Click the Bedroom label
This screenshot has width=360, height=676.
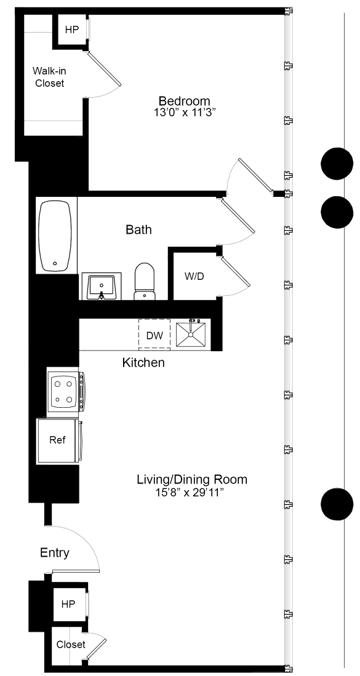click(x=184, y=101)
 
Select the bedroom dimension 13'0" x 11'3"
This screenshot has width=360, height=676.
click(x=184, y=113)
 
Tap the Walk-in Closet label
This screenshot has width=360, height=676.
click(x=49, y=78)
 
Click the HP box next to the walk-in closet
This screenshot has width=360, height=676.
click(x=72, y=30)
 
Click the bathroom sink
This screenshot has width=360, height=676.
click(x=101, y=287)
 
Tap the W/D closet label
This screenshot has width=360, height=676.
click(x=194, y=276)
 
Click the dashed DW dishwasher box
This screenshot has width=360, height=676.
click(x=154, y=335)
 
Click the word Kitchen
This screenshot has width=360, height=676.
click(x=143, y=363)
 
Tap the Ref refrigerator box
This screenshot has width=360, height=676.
click(x=57, y=441)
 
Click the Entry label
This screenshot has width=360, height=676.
click(x=55, y=553)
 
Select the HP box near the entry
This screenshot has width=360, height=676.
click(x=68, y=605)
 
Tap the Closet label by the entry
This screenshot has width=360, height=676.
click(x=71, y=645)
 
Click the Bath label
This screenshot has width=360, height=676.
click(x=138, y=230)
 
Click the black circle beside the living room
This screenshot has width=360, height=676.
click(x=337, y=504)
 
